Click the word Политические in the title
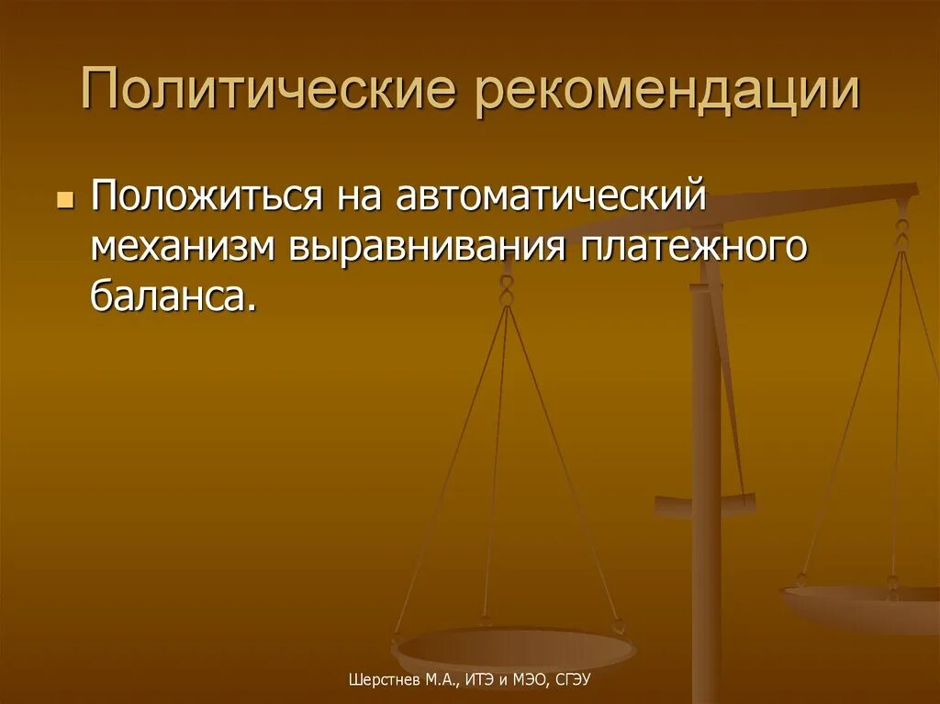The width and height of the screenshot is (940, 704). [268, 94]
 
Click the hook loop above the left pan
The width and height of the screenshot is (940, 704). [505, 292]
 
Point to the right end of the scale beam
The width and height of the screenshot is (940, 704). [909, 193]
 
